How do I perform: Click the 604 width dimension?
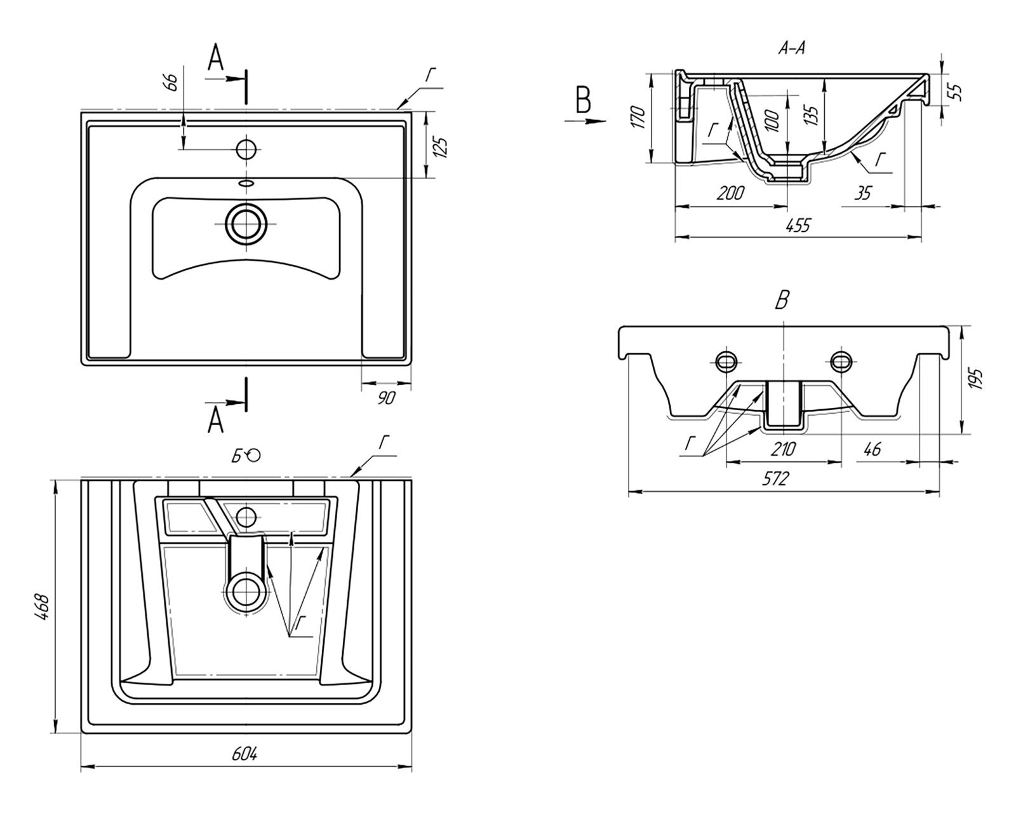[x=244, y=754]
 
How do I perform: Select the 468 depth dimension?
[x=41, y=607]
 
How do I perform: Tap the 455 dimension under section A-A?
[x=798, y=226]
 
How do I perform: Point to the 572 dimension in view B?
[x=776, y=479]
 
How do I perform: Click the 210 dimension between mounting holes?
[x=783, y=449]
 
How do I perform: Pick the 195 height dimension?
[x=977, y=380]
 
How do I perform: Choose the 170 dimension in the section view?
[x=638, y=118]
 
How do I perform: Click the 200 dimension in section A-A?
[x=730, y=193]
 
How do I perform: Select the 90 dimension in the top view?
[x=386, y=398]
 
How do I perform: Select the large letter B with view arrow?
[x=583, y=102]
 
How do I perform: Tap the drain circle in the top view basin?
[x=246, y=224]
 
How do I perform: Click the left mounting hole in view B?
[x=726, y=361]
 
